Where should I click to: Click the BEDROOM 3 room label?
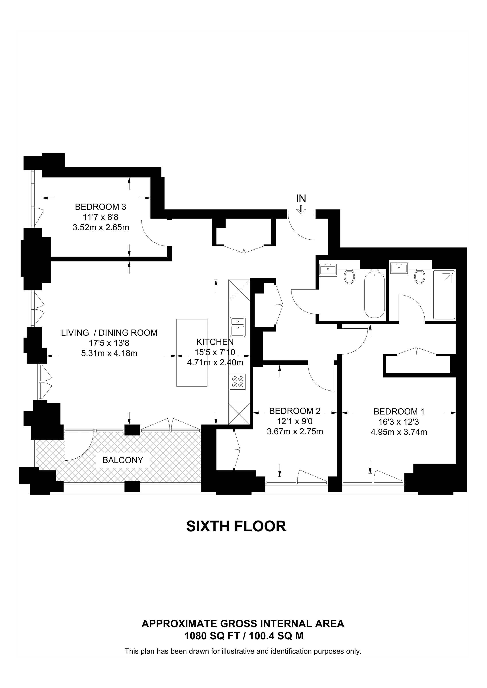click(x=100, y=207)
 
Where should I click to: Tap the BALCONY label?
click(x=123, y=460)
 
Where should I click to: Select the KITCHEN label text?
click(x=215, y=342)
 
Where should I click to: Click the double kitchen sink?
click(x=238, y=327)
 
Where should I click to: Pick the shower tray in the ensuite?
click(x=444, y=295)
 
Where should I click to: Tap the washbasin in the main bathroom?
click(x=328, y=269)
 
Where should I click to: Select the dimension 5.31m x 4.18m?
click(x=109, y=353)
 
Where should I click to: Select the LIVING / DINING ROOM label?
click(x=109, y=333)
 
